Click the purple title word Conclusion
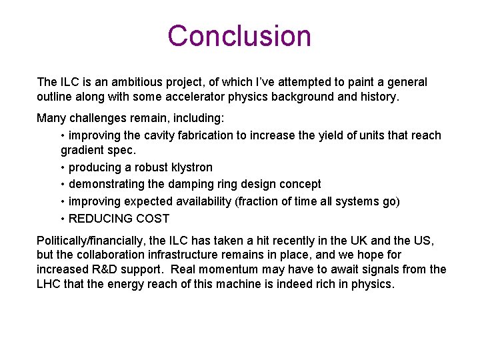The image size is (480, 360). click(239, 36)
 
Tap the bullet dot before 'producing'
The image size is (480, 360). click(63, 167)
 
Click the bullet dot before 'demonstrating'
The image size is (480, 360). click(63, 184)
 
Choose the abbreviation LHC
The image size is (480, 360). click(49, 284)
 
